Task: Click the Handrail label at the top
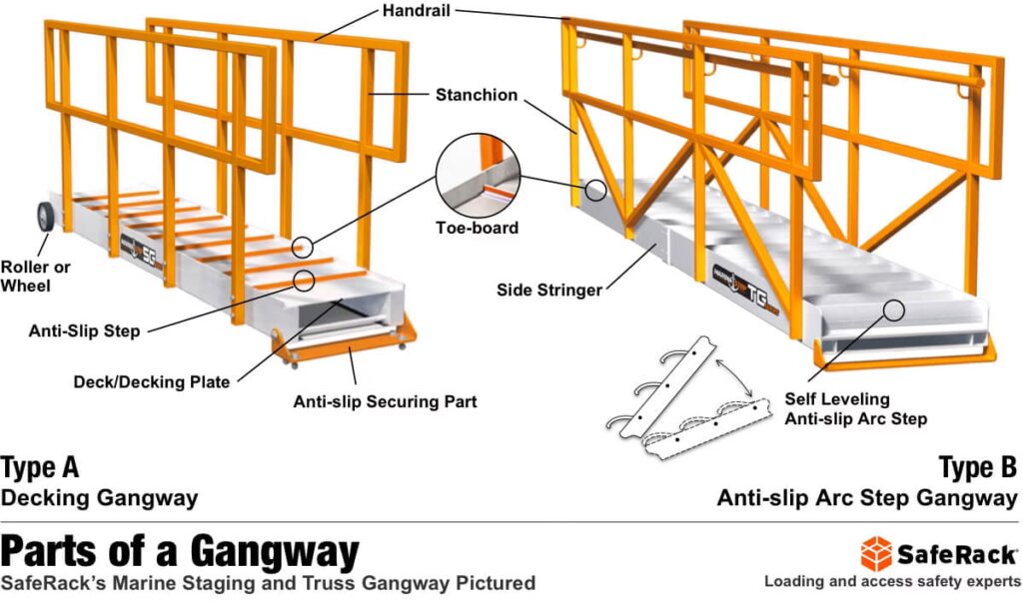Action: click(423, 13)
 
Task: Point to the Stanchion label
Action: click(477, 96)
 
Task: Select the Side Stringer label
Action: click(549, 290)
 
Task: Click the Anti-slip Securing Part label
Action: click(385, 402)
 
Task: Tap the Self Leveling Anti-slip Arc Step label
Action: click(855, 409)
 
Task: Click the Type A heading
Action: click(40, 467)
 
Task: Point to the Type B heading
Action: click(978, 467)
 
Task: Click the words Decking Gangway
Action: click(100, 497)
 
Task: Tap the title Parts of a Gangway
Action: click(180, 550)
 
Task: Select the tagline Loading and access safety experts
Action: click(892, 581)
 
